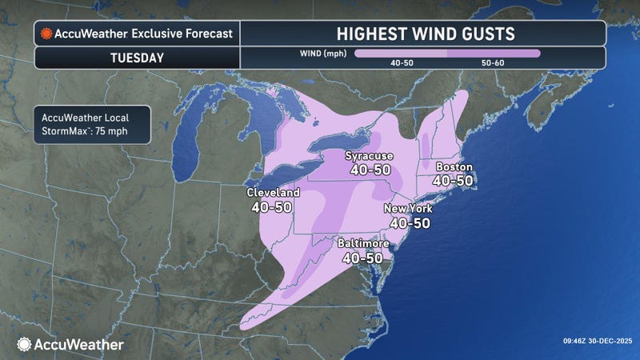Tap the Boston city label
453,167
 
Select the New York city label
408,209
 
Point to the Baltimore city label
362,243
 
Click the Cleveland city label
273,193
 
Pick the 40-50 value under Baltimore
362,258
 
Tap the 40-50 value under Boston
453,181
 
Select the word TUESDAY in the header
136,59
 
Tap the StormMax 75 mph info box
92,124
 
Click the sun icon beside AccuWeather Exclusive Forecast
47,34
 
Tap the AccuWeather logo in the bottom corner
70,344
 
